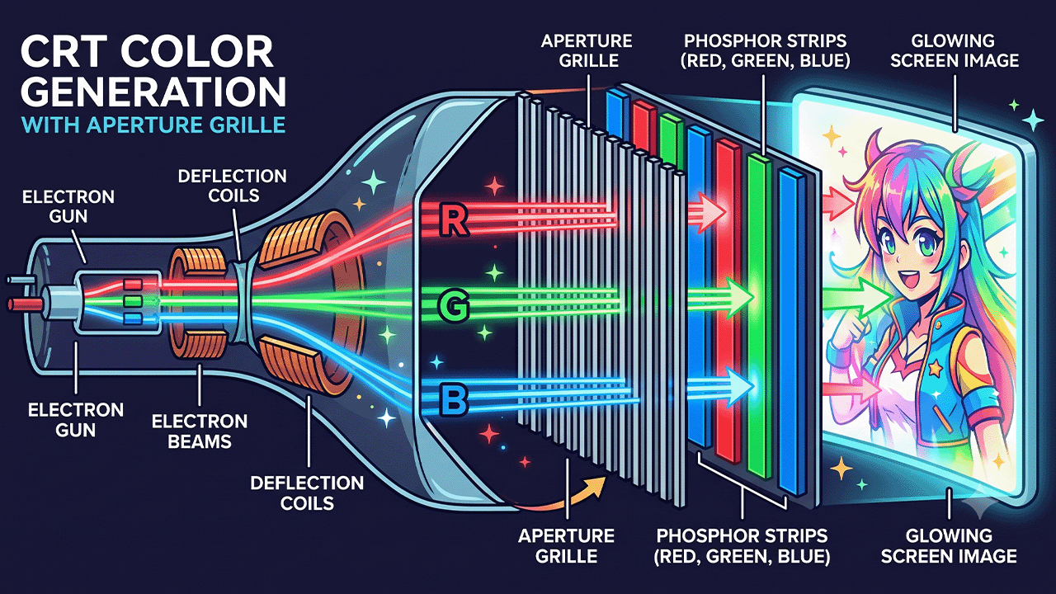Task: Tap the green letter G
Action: [453, 306]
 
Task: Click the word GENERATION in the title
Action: [153, 92]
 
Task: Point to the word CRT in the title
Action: [62, 52]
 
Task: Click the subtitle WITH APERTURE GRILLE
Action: [153, 125]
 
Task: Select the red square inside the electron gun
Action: [133, 285]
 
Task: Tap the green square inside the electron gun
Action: [133, 301]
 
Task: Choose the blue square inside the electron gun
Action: [133, 319]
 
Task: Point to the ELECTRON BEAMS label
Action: [200, 431]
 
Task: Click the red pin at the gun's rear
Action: [25, 304]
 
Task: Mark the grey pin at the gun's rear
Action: [21, 280]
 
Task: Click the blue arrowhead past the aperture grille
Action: [738, 387]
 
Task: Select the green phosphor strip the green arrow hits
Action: [760, 316]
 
